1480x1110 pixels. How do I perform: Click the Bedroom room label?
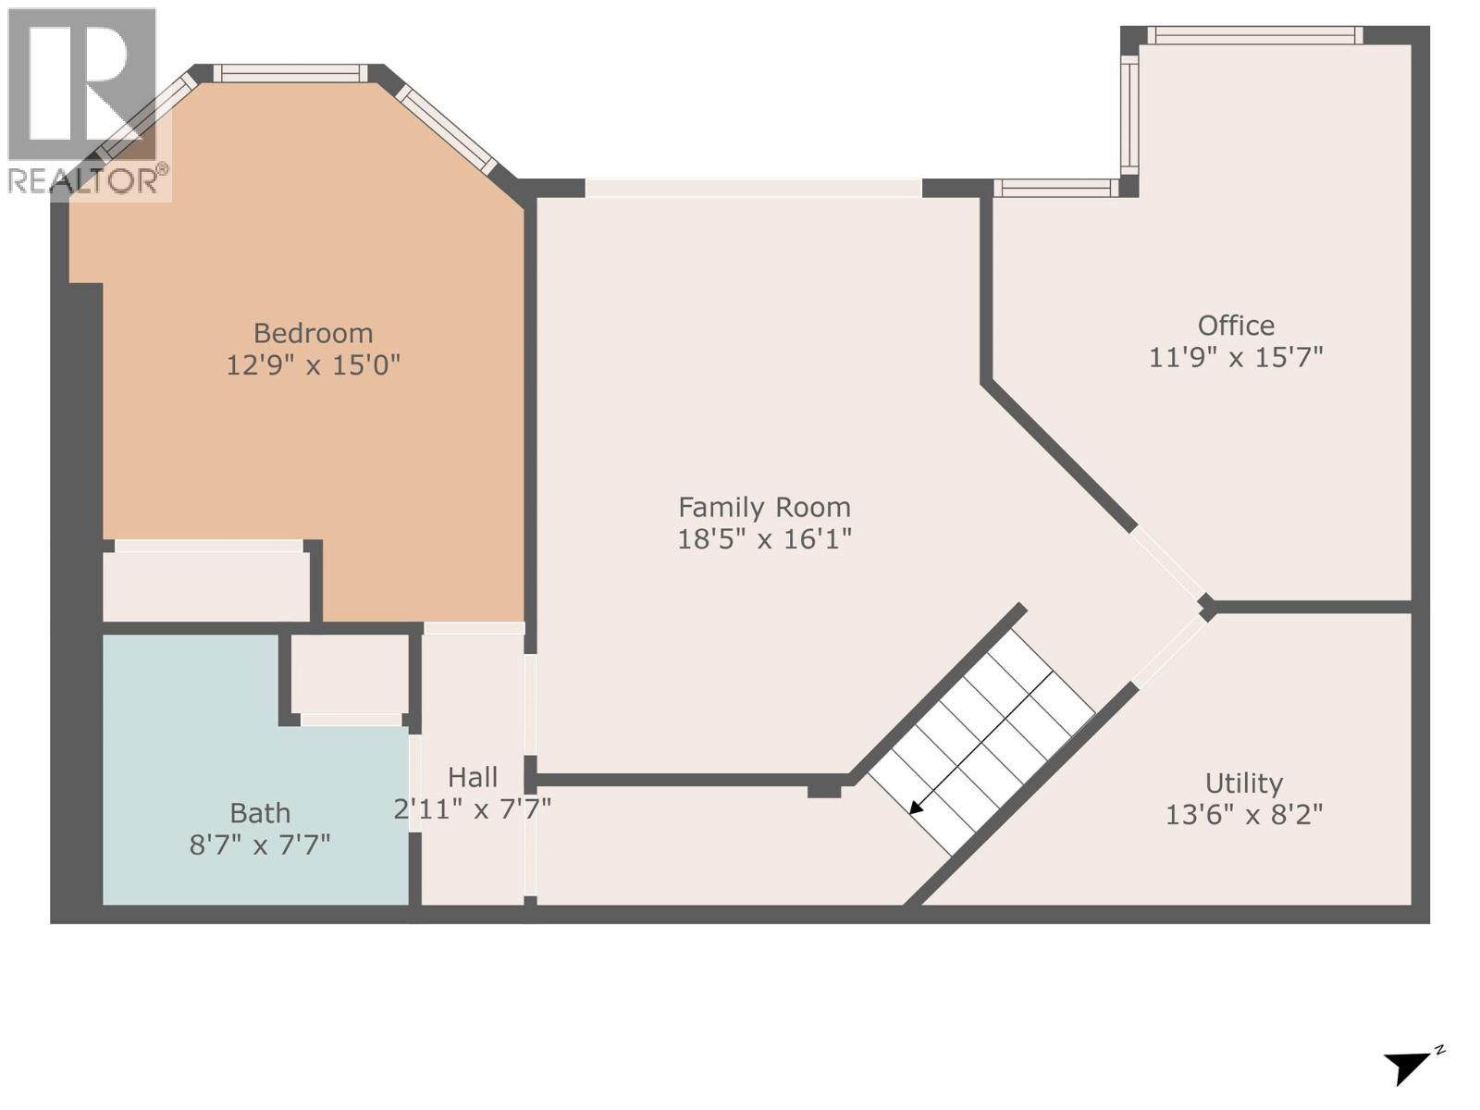[x=313, y=333]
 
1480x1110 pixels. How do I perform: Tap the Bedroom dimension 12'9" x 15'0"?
[x=313, y=365]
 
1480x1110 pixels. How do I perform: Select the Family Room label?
[x=764, y=507]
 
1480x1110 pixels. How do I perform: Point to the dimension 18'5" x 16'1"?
[x=764, y=538]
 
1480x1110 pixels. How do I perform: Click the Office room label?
[x=1236, y=326]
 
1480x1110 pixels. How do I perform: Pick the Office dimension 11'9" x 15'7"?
[x=1236, y=357]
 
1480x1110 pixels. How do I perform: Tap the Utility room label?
[x=1243, y=783]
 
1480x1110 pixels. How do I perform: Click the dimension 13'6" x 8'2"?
[x=1243, y=815]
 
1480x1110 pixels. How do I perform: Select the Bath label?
[x=260, y=813]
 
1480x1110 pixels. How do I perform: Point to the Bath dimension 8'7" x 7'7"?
[x=260, y=845]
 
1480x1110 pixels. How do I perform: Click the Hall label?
[x=473, y=777]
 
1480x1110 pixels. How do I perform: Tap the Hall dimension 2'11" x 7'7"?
[x=473, y=809]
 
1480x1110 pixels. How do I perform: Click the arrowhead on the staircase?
[x=916, y=808]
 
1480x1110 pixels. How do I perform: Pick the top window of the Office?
[x=1254, y=36]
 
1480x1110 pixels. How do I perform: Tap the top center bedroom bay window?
[x=290, y=73]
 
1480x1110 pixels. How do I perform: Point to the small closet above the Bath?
[x=350, y=673]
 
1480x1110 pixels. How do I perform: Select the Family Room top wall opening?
[x=753, y=188]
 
